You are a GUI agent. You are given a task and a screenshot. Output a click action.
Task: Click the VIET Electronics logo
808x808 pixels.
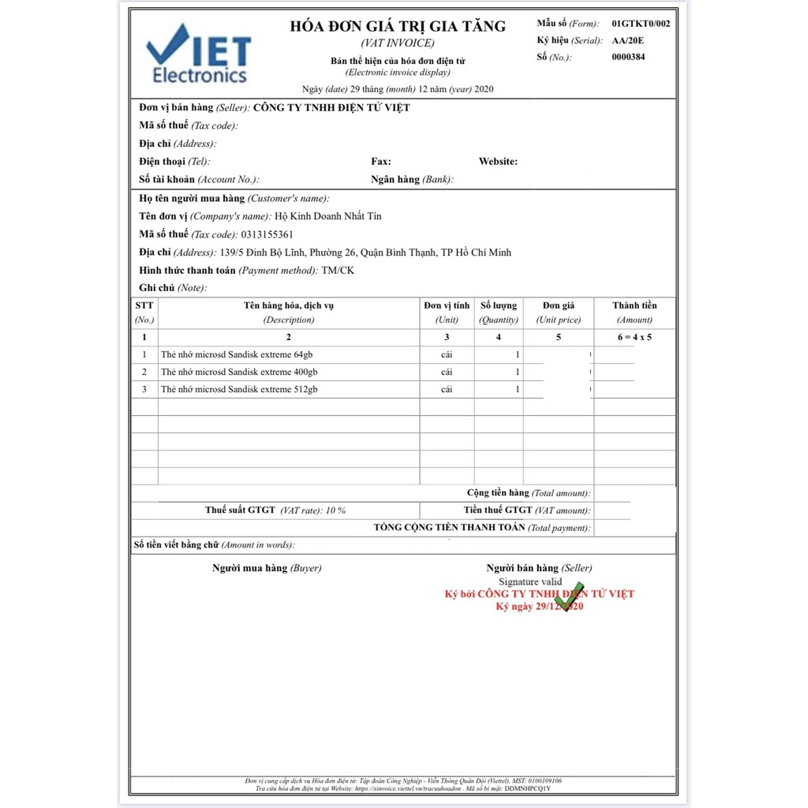click(x=199, y=54)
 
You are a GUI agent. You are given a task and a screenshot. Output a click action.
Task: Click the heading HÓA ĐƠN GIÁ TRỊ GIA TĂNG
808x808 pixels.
click(x=398, y=26)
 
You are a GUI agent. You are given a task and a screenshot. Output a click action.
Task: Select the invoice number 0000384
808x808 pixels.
click(x=628, y=57)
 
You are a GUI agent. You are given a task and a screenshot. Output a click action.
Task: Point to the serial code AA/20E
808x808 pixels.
click(x=629, y=40)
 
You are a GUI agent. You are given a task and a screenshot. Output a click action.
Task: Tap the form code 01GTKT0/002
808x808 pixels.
click(x=640, y=24)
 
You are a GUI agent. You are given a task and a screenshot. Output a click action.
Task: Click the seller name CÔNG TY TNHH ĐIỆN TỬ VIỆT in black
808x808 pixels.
click(x=331, y=108)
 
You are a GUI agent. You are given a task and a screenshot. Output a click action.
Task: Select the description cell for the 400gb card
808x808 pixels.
click(x=239, y=372)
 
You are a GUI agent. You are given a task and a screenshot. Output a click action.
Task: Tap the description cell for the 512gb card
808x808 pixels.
click(x=239, y=389)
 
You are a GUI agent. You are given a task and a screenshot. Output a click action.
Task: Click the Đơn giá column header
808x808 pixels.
click(x=558, y=305)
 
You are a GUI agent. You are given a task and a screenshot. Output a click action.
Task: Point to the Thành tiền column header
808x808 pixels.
click(x=634, y=305)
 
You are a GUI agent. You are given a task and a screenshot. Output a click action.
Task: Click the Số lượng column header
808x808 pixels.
click(x=498, y=305)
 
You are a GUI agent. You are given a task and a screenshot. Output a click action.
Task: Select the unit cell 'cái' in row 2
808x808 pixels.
click(x=447, y=372)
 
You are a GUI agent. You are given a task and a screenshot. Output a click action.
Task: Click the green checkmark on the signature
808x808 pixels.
click(x=570, y=597)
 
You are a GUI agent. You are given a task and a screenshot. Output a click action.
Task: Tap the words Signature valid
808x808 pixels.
click(x=530, y=582)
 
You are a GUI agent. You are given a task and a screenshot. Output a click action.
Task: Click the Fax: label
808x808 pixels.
click(x=381, y=162)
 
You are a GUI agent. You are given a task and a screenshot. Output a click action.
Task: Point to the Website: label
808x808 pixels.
click(x=498, y=162)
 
